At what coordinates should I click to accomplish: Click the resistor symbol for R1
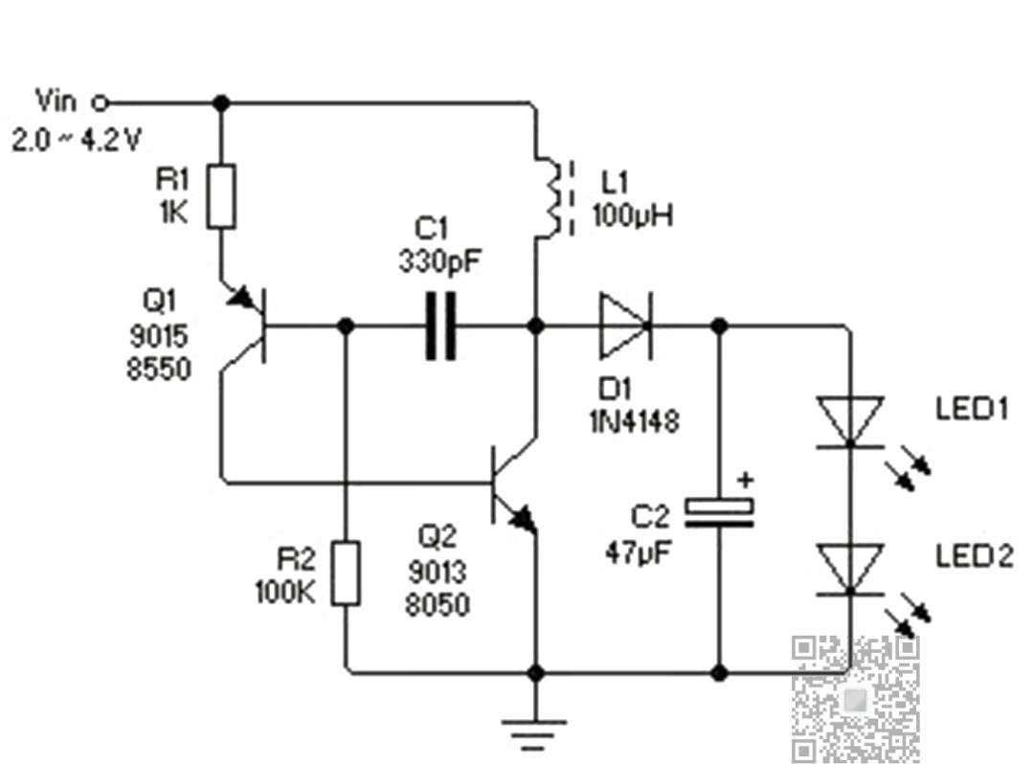click(221, 196)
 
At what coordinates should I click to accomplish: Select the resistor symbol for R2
click(346, 573)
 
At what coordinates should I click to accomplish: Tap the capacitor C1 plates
click(440, 327)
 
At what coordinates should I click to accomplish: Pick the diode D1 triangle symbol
click(625, 326)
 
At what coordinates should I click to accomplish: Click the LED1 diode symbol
click(850, 421)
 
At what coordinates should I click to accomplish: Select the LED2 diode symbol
click(850, 569)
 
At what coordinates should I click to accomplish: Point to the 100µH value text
click(632, 215)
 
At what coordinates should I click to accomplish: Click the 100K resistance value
click(284, 592)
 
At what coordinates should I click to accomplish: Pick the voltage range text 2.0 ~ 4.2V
click(77, 141)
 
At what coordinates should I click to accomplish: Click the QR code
click(856, 699)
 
